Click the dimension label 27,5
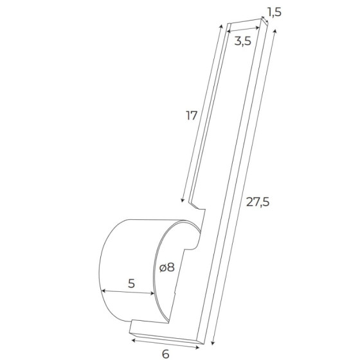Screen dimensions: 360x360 pos(257,203)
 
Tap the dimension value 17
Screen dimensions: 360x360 pos(192,116)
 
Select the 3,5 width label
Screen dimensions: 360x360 pos(243,41)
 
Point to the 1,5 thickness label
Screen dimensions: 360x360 pos(274,12)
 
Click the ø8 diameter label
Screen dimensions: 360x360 pos(167,267)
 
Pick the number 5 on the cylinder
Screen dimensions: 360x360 pos(131,283)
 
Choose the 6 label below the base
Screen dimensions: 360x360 pos(166,354)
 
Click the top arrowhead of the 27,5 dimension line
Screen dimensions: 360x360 pos(275,31)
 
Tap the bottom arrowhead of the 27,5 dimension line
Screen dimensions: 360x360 pos(213,343)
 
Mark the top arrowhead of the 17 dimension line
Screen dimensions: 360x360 pos(221,26)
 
